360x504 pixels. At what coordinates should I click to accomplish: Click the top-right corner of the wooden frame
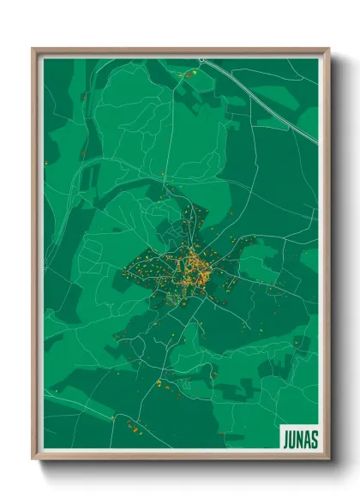pyautogui.click(x=327, y=50)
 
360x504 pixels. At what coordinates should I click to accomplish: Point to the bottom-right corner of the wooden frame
pyautogui.click(x=327, y=459)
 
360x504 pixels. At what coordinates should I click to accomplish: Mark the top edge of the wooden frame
pyautogui.click(x=180, y=51)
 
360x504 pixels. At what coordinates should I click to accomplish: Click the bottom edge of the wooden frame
pyautogui.click(x=180, y=457)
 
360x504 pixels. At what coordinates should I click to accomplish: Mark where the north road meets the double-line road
pyautogui.click(x=200, y=60)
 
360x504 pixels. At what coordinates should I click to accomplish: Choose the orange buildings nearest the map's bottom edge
pyautogui.click(x=134, y=426)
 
